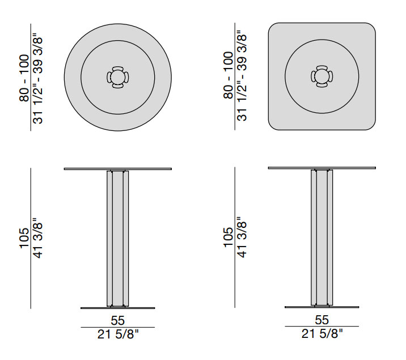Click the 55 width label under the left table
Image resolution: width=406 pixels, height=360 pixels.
(x=118, y=320)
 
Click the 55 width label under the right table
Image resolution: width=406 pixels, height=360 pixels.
(x=322, y=320)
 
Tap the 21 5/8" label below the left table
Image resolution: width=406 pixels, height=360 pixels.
(x=118, y=334)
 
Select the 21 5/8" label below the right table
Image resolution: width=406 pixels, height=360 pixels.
(x=322, y=333)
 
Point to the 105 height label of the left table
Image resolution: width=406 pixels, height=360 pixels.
(x=24, y=238)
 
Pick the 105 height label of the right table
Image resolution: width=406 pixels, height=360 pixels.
(x=229, y=238)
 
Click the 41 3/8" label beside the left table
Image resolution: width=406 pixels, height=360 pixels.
(x=38, y=238)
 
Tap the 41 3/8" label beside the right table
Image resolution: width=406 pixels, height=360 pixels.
(x=242, y=237)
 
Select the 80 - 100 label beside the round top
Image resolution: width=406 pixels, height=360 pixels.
(x=24, y=78)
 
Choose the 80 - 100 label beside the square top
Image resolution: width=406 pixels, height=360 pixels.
(x=229, y=75)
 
